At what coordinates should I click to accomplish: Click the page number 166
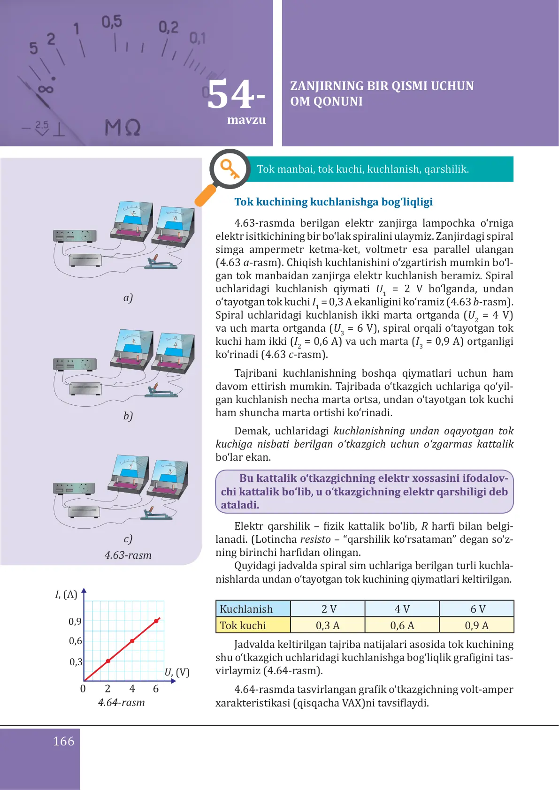pos(64,741)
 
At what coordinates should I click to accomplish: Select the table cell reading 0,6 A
pos(402,625)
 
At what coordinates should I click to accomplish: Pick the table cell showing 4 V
pos(402,609)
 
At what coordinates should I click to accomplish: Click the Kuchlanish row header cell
pos(253,609)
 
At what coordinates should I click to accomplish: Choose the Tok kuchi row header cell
pos(253,625)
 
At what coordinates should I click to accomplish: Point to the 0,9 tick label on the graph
pos(75,622)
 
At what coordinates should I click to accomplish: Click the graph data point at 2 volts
pos(108,661)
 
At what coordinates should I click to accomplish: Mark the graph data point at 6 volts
pos(156,621)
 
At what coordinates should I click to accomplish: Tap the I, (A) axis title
pos(66,594)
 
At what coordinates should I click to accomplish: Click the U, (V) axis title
pos(177,672)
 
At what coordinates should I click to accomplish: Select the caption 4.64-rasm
pos(121,702)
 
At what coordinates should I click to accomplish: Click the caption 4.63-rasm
pos(128,555)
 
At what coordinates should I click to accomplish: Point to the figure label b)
pos(128,416)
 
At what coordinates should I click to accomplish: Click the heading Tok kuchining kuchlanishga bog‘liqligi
pos(333,202)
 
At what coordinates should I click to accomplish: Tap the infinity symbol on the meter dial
pos(46,89)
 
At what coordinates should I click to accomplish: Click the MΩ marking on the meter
pos(122,128)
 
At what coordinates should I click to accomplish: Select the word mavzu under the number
pos(246,120)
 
